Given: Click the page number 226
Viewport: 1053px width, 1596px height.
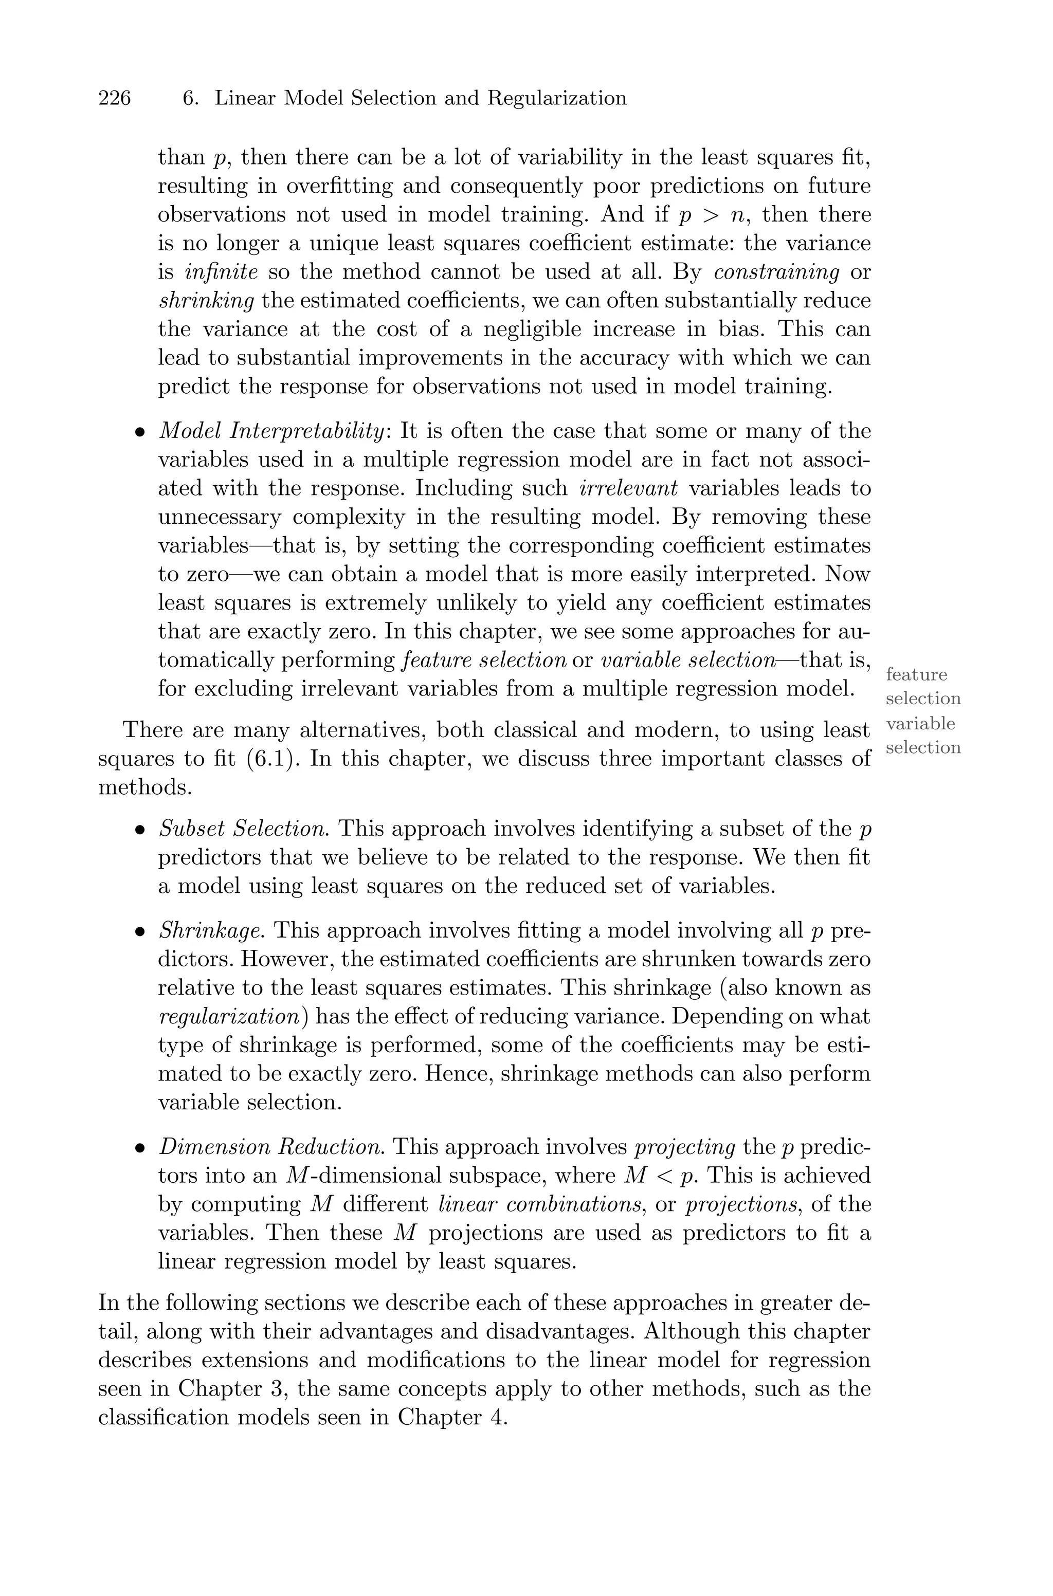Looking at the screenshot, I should click(x=114, y=99).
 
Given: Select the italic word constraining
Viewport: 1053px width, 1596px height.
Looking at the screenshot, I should click(x=777, y=272).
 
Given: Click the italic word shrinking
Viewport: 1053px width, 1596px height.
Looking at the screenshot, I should click(x=206, y=301).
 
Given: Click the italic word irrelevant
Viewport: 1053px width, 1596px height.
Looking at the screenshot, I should click(x=628, y=488).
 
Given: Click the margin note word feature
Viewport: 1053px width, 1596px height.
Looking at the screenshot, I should click(x=916, y=674).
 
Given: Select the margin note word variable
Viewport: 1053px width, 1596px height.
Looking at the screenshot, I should click(x=920, y=724).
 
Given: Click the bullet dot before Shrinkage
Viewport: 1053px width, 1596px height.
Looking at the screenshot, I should click(x=140, y=932).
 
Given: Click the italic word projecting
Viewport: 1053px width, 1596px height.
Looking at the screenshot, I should click(x=685, y=1147).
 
